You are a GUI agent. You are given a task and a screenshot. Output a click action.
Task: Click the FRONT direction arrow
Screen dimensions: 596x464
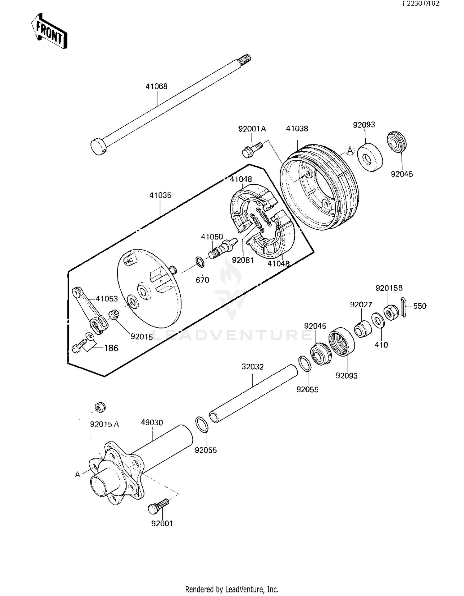coord(49,31)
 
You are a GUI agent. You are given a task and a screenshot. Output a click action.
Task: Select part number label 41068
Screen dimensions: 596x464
coord(157,86)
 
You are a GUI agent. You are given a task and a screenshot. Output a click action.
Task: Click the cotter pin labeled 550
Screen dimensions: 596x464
coord(404,307)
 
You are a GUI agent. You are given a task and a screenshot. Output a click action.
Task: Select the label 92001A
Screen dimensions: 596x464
coord(252,129)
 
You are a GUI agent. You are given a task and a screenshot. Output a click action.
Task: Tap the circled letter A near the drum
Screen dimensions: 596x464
coord(350,151)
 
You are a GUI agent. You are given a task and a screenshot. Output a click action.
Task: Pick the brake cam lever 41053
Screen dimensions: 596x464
coord(90,311)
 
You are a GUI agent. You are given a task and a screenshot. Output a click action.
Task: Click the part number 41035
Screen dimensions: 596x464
coord(160,195)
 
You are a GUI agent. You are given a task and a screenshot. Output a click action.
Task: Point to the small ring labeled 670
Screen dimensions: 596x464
coord(200,262)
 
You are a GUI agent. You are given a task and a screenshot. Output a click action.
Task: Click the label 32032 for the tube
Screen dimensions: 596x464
coord(252,367)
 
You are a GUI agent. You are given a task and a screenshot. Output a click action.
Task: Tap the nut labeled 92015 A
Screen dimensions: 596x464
coord(100,407)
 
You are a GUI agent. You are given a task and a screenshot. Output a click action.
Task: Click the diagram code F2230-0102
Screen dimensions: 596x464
coord(421,4)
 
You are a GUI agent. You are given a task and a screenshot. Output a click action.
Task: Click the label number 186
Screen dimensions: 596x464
coord(111,348)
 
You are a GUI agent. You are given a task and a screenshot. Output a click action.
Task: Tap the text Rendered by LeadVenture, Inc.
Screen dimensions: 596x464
coord(232,589)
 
